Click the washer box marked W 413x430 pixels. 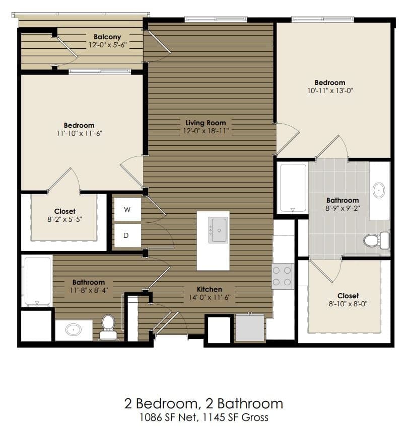point(127,210)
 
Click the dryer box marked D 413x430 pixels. point(127,235)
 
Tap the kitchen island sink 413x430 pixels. point(219,230)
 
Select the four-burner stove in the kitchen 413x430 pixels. point(283,276)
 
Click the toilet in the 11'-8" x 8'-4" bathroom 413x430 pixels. point(108,327)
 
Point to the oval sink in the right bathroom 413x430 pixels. point(379,190)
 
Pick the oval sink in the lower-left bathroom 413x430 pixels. point(74,330)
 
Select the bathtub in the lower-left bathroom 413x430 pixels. point(37,281)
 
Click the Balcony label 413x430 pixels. point(107,37)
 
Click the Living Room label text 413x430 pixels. point(205,123)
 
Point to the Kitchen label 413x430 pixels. point(209,289)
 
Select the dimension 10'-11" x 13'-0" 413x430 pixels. point(330,91)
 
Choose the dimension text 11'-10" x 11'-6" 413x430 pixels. point(79,133)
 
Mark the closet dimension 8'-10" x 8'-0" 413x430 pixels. point(348,304)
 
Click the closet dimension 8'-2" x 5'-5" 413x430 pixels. point(64,219)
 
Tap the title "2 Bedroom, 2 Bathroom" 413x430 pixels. point(203,403)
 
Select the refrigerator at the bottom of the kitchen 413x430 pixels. point(250,327)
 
